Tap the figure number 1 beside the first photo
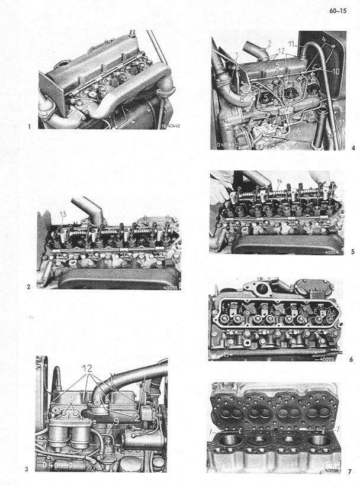[x=28, y=126]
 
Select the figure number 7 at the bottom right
[x=350, y=472]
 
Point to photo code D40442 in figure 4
[x=228, y=143]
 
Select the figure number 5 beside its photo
[x=352, y=251]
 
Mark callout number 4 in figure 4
[x=325, y=40]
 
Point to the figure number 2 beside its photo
[x=28, y=288]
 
